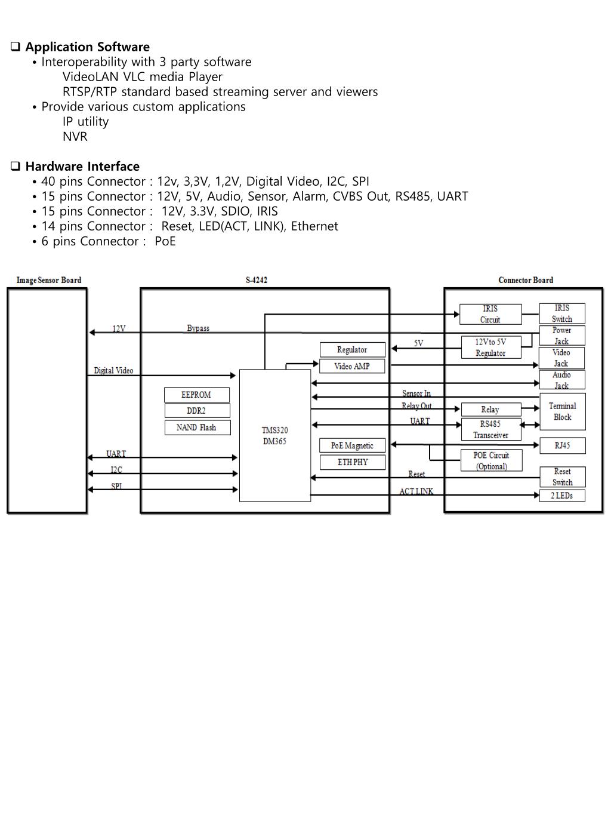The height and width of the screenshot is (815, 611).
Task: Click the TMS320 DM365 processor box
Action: click(x=274, y=435)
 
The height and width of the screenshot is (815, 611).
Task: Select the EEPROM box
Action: click(x=196, y=395)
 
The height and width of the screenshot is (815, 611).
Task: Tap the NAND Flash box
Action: click(x=196, y=428)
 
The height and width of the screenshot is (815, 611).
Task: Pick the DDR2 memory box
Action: click(x=196, y=411)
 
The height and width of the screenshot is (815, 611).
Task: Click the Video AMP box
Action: click(x=352, y=366)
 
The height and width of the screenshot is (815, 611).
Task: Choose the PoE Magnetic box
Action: click(x=352, y=445)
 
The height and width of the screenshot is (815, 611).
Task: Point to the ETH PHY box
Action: click(x=352, y=462)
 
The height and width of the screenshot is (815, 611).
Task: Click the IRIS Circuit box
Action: click(x=490, y=314)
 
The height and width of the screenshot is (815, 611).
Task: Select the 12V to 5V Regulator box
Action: click(x=490, y=347)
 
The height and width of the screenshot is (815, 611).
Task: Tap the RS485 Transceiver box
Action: click(x=490, y=429)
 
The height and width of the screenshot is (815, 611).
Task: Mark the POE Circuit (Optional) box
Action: click(x=491, y=460)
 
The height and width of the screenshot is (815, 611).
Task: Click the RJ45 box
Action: click(x=562, y=445)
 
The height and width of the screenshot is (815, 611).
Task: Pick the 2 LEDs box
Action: click(x=561, y=496)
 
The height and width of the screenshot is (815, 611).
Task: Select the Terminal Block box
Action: click(x=562, y=411)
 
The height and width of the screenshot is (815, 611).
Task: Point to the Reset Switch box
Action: click(x=562, y=476)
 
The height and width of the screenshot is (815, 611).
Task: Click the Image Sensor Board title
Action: click(x=49, y=280)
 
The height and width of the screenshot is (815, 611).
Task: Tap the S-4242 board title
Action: click(x=257, y=280)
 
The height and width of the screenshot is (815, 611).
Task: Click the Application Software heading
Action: click(x=87, y=47)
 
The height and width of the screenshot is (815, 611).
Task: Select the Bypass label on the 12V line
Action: click(x=198, y=328)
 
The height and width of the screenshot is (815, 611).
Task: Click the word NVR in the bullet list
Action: click(x=75, y=136)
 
